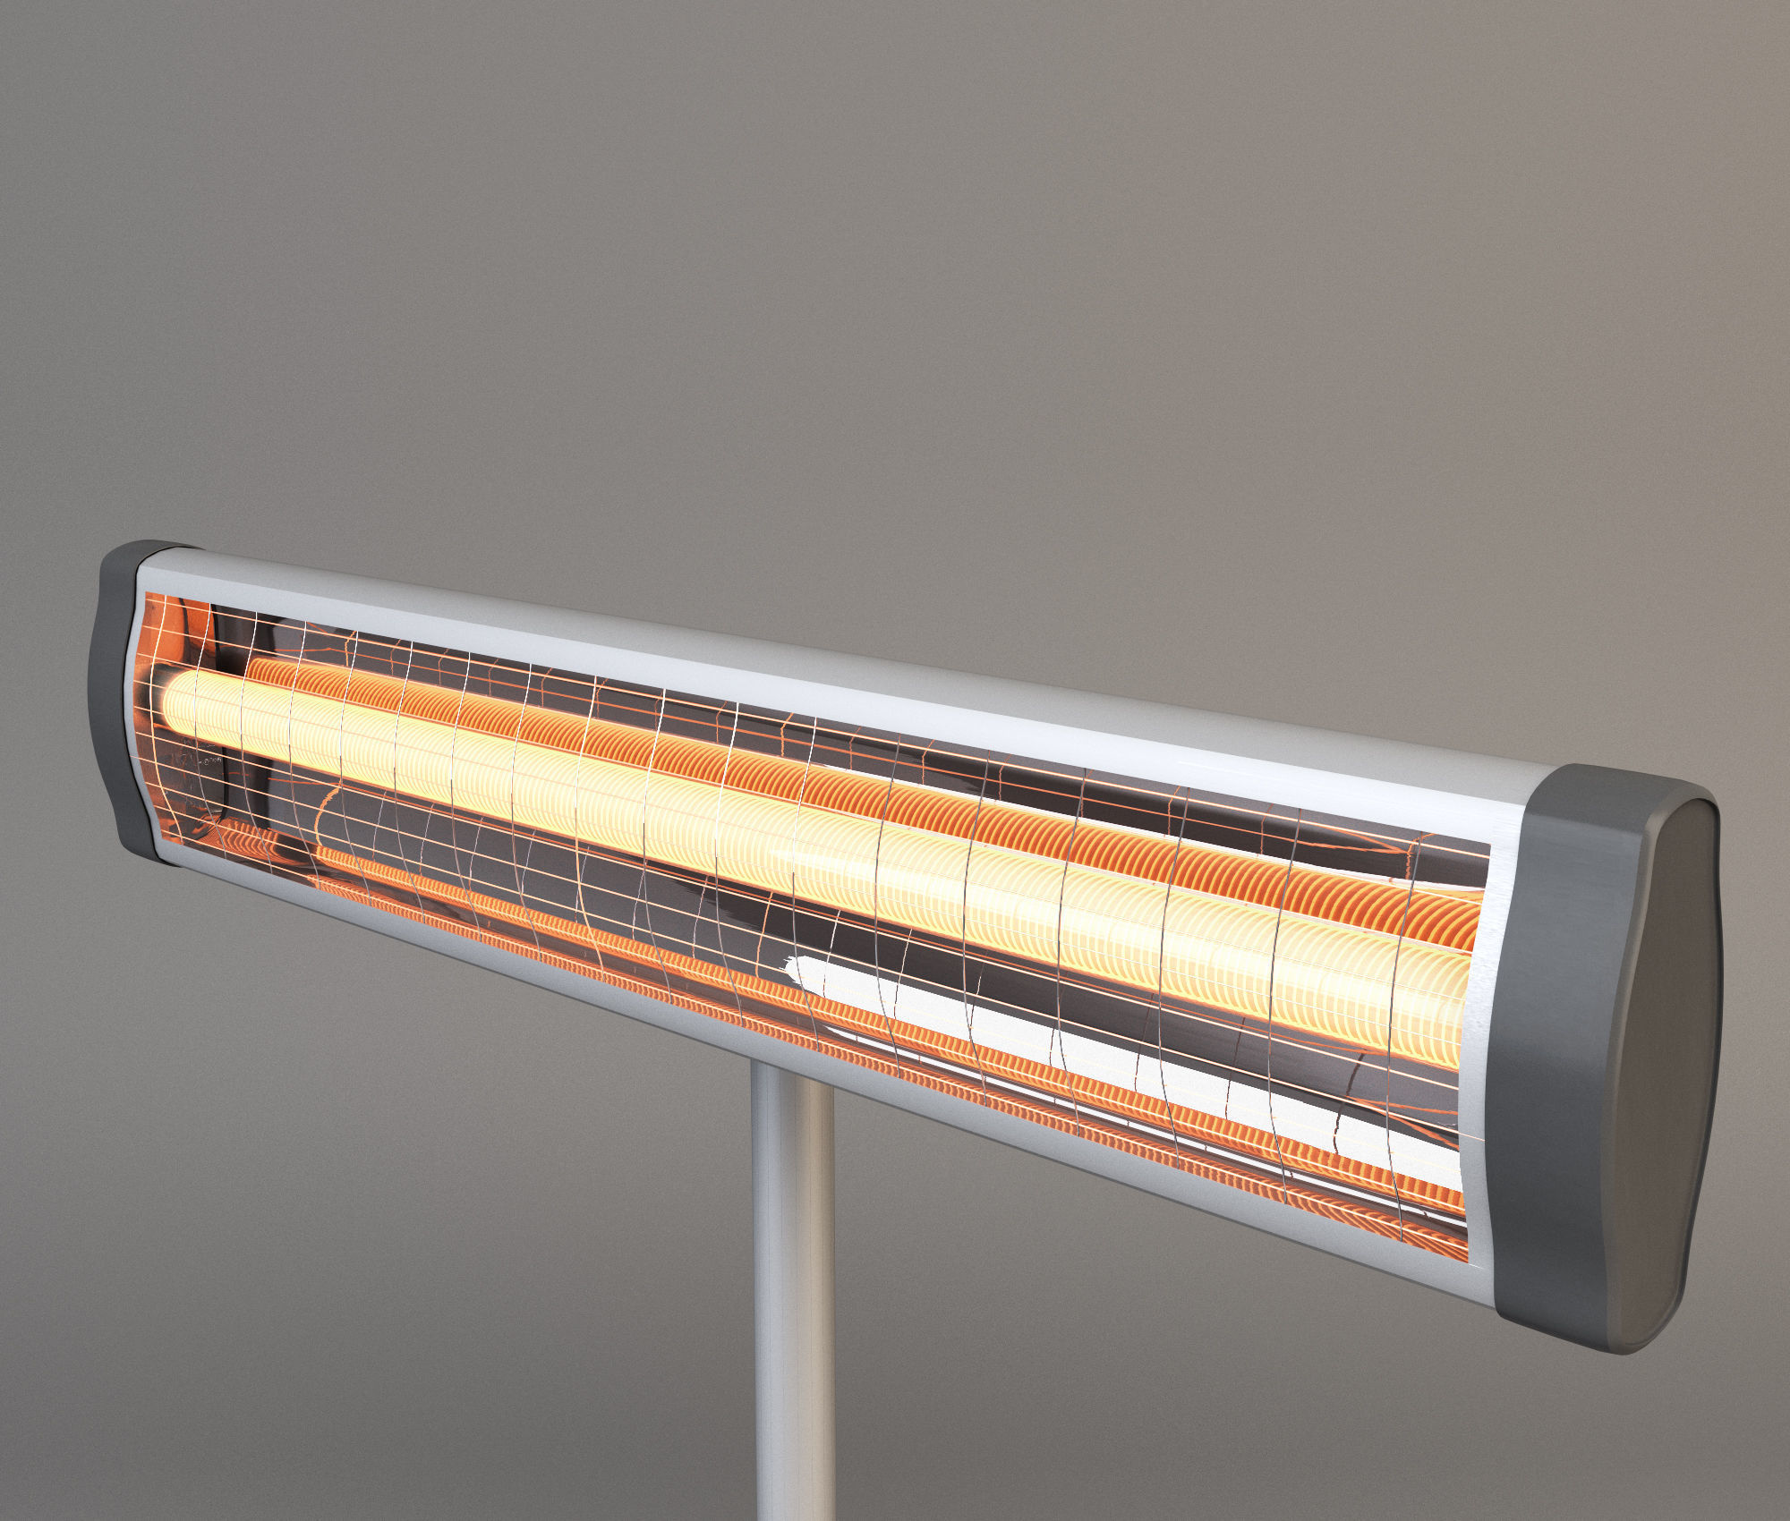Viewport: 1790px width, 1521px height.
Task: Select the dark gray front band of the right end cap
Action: (1557, 1056)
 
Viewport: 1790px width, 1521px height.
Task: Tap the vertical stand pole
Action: (793, 1297)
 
